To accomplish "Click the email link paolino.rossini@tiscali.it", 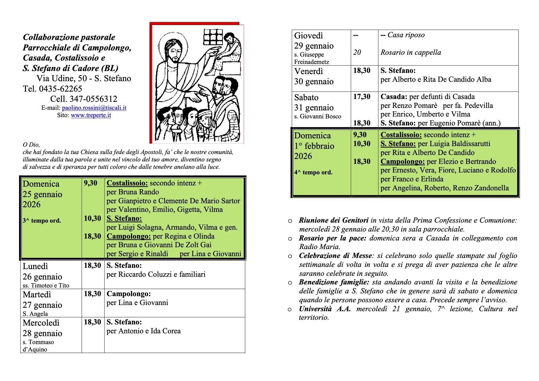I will coord(94,108).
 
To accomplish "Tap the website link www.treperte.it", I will coord(91,115).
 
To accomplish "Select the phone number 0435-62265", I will coord(61,89).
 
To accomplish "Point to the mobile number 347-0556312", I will coord(93,99).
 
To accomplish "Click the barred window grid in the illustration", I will coord(213,37).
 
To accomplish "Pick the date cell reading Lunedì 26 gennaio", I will coord(42,272).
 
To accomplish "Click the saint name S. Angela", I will coord(35,314).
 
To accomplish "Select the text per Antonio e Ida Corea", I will coord(144,331).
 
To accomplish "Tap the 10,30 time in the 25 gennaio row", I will coord(92,218).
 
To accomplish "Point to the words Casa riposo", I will coord(406,35).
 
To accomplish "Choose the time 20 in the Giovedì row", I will coord(357,52).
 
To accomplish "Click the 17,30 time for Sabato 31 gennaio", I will coord(362,97).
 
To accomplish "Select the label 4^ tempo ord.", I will coord(313,173).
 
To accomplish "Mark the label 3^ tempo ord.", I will coord(42,221).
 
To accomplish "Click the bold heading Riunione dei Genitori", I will coord(333,220).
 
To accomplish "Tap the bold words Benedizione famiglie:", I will coord(334,282).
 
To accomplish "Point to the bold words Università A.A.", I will coord(325,309).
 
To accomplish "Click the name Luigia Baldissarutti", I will coord(454,144).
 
